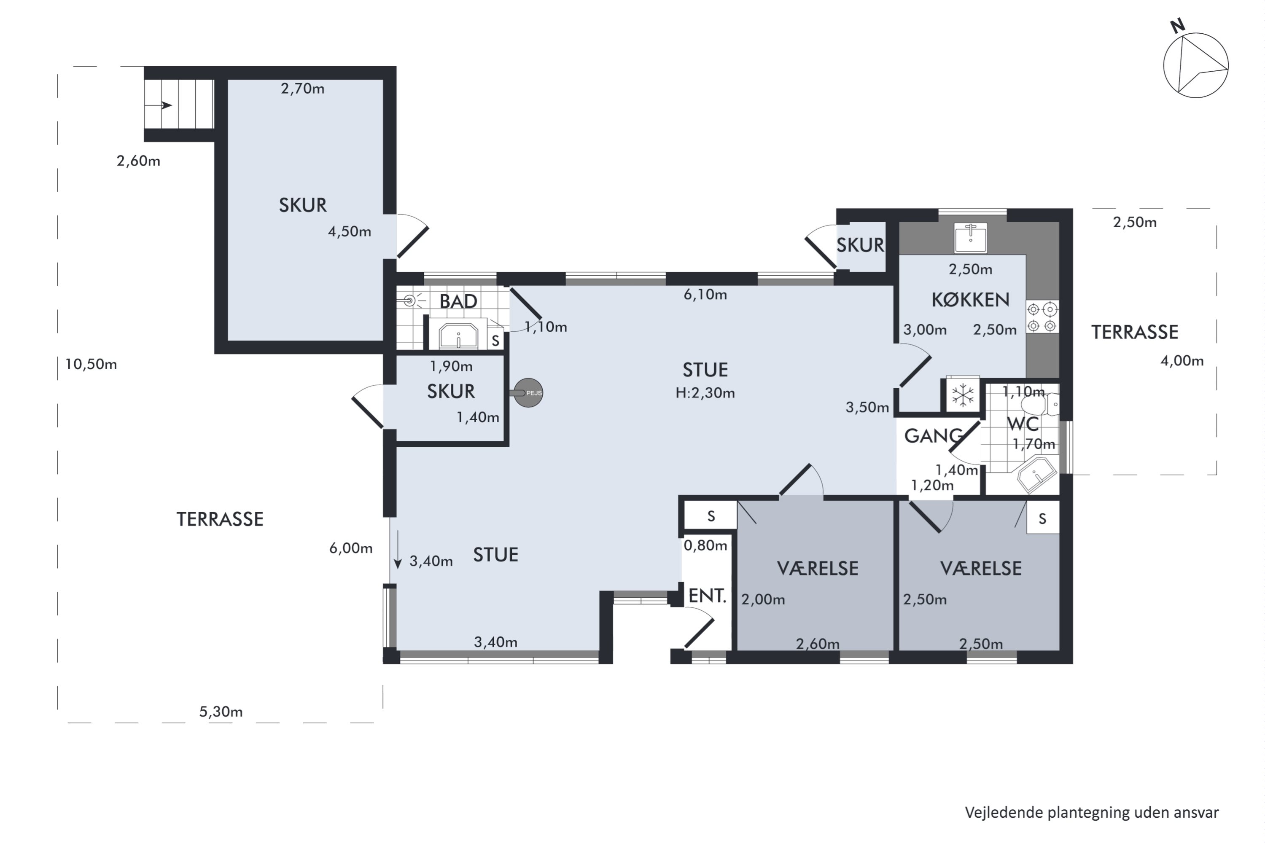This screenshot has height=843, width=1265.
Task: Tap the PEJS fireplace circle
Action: point(528,393)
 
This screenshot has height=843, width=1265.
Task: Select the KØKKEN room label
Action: point(970,299)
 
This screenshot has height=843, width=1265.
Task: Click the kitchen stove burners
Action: point(1042,317)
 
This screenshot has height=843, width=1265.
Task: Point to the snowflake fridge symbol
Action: point(963,395)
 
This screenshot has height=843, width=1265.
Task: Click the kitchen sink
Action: point(970,238)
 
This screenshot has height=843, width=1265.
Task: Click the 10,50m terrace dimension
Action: point(91,365)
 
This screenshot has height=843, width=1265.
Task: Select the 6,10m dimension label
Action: point(705,295)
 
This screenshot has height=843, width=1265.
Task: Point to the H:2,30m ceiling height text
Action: point(705,393)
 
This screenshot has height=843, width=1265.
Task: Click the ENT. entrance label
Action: point(707,596)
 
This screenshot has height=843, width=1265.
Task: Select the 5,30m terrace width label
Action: point(221,712)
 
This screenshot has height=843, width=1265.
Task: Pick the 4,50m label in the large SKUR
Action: point(350,232)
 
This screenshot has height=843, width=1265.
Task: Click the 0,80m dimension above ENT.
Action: point(705,546)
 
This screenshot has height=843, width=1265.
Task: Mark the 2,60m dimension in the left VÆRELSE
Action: point(818,644)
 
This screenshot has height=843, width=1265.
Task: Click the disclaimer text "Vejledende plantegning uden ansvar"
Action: point(1092,812)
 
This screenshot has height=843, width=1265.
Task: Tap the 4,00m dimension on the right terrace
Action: point(1182,361)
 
